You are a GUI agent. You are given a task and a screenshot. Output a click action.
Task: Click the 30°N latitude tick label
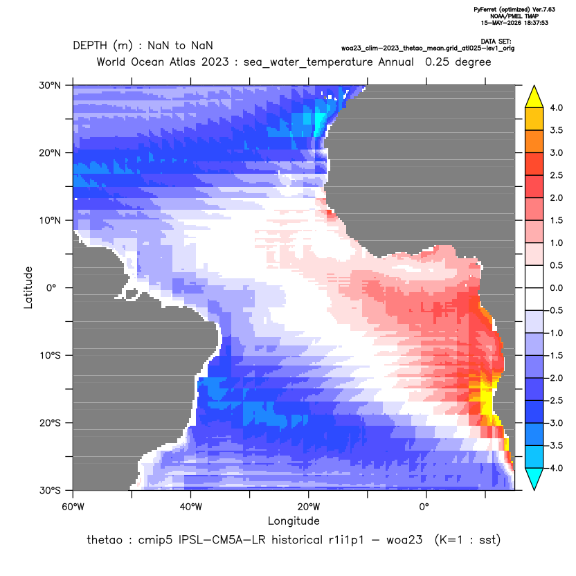(50, 85)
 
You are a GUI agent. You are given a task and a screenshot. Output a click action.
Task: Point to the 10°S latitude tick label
(50, 356)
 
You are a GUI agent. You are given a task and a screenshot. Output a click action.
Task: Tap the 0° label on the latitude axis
(51, 288)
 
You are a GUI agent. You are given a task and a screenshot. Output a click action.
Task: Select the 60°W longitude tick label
(73, 507)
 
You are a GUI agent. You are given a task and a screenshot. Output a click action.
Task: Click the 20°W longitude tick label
(308, 507)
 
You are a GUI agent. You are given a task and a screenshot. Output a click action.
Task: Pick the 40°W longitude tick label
(190, 507)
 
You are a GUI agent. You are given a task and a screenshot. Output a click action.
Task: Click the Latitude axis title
(28, 287)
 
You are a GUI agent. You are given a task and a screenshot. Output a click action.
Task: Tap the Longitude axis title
(294, 521)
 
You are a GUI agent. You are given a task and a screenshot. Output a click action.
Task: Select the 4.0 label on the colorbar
(556, 107)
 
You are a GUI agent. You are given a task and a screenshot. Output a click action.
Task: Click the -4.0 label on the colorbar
(555, 468)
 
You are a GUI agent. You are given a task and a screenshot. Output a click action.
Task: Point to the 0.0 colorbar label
(556, 288)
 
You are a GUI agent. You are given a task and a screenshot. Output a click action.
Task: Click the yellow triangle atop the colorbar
(534, 97)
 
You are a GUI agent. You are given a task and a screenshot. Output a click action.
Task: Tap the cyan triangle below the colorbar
(534, 479)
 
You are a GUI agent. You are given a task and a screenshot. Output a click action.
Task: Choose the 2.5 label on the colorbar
(556, 175)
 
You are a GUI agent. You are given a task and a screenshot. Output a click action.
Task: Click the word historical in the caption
(295, 540)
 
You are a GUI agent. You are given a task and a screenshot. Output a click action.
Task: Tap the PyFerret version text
(514, 10)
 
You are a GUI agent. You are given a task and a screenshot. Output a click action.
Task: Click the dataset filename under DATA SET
(428, 48)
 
